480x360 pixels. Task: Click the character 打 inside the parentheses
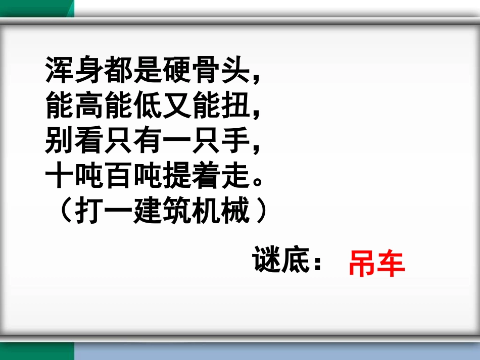[x=89, y=213]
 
